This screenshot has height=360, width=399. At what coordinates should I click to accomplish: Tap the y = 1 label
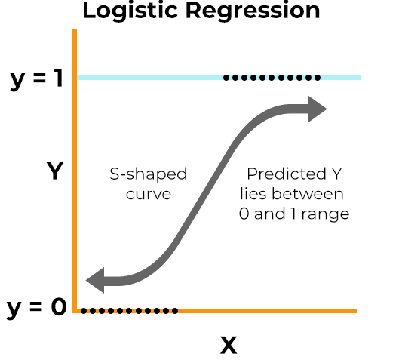[35, 78]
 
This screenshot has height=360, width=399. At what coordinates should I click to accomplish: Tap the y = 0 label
[35, 308]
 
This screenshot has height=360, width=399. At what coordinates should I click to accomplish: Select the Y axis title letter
[54, 172]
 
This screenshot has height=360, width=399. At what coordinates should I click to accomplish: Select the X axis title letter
[228, 346]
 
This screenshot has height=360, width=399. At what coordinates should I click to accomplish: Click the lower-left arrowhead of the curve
[97, 281]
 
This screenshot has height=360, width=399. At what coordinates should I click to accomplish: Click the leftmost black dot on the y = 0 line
[84, 310]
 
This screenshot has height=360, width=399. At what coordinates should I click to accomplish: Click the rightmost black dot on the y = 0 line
[176, 310]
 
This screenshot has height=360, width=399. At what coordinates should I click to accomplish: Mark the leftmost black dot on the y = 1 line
[226, 77]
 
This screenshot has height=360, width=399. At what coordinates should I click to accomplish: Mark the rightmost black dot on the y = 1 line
[318, 77]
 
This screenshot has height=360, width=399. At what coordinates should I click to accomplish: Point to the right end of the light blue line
[360, 77]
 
